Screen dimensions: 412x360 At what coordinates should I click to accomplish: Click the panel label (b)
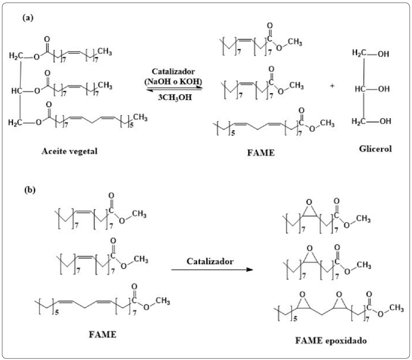tap(30, 190)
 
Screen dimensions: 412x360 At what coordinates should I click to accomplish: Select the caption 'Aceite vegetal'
tap(69, 151)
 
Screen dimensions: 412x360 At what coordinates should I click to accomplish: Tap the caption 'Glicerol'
tap(375, 149)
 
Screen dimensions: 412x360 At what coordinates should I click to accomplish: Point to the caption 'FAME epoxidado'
tap(331, 341)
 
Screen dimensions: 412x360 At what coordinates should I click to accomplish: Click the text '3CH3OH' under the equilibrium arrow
tap(175, 97)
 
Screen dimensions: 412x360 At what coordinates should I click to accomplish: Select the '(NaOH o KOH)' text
tap(174, 81)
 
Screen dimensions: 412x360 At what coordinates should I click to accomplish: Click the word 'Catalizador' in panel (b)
tap(210, 261)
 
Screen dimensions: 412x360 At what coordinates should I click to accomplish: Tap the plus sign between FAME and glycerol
tap(332, 86)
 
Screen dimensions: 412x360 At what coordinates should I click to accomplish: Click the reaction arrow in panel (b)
tap(212, 270)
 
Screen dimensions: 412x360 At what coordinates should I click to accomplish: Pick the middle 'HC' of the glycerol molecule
tap(360, 89)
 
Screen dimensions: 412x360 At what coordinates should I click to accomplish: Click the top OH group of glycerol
tap(383, 54)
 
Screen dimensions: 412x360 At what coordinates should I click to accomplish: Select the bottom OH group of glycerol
tap(385, 121)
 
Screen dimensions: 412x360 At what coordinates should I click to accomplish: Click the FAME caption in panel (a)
tap(261, 153)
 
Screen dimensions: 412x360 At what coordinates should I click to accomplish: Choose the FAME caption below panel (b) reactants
tap(102, 334)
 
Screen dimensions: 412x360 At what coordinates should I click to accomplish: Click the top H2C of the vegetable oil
tap(16, 55)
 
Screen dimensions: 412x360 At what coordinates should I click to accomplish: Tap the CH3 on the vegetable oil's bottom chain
tap(140, 118)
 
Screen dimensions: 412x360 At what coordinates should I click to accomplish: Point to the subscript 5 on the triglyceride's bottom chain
tap(132, 125)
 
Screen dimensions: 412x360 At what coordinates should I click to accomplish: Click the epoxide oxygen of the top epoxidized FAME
tap(309, 202)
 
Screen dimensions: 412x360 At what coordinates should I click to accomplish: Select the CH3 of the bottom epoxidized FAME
tap(396, 308)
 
